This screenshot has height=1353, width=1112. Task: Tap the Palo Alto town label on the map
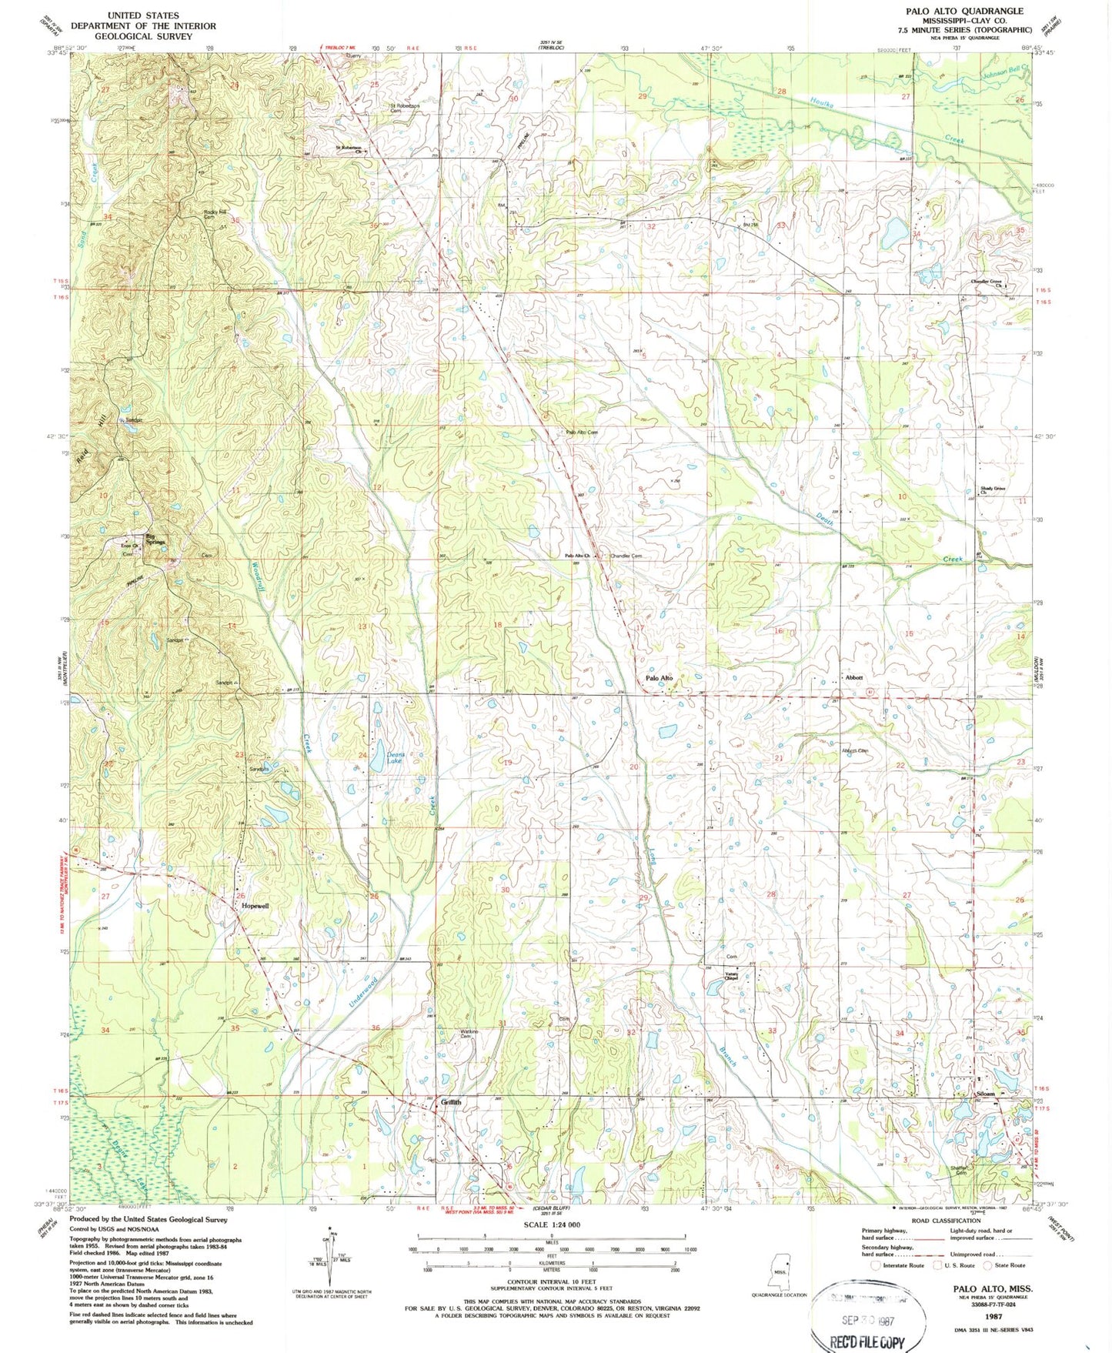[x=660, y=678]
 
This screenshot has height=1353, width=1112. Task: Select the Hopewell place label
[x=255, y=906]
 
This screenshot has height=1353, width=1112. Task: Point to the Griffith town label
[x=452, y=1102]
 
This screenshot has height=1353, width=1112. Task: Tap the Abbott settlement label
[x=853, y=677]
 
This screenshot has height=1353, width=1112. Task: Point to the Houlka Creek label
[x=885, y=122]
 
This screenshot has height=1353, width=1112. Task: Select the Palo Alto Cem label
[x=582, y=433]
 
